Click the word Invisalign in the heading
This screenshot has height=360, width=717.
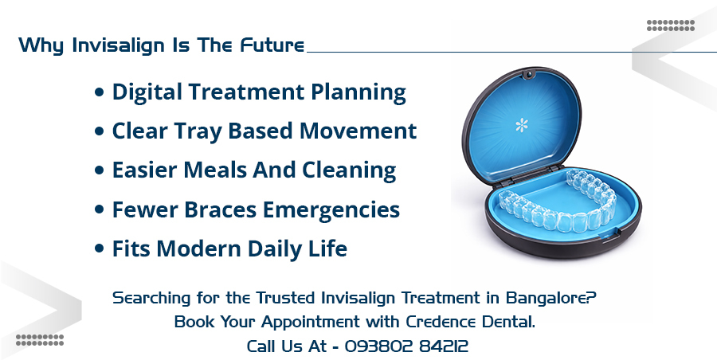click(x=111, y=45)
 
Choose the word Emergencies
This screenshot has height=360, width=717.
click(x=343, y=210)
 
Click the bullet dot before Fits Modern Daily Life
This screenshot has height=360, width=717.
click(x=100, y=249)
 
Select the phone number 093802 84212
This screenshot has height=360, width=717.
click(x=406, y=346)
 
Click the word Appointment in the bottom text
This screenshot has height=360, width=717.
click(x=302, y=323)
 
